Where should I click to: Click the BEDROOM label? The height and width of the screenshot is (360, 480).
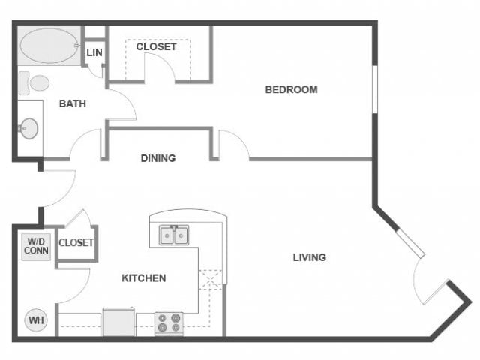291,90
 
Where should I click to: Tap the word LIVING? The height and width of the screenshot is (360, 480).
309,257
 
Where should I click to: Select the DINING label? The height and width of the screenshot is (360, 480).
158,158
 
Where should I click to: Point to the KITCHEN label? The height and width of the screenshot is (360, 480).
143,278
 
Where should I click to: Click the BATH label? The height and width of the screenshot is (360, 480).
72,103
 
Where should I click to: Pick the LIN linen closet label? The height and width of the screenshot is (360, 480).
94,52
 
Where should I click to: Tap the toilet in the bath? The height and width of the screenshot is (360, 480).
34,82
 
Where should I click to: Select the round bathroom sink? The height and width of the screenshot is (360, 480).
29,128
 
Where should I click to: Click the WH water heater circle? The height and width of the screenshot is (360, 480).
35,320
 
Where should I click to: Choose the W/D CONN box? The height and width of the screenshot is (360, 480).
35,246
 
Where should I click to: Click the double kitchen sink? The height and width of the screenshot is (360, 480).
174,236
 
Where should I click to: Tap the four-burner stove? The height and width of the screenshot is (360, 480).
169,323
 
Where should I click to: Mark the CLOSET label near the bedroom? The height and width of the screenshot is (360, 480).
156,46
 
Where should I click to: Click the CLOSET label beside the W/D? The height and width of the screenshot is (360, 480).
76,242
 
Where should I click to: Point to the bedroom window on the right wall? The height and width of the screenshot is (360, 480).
373,90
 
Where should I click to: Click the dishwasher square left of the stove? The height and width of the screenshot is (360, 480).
118,322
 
